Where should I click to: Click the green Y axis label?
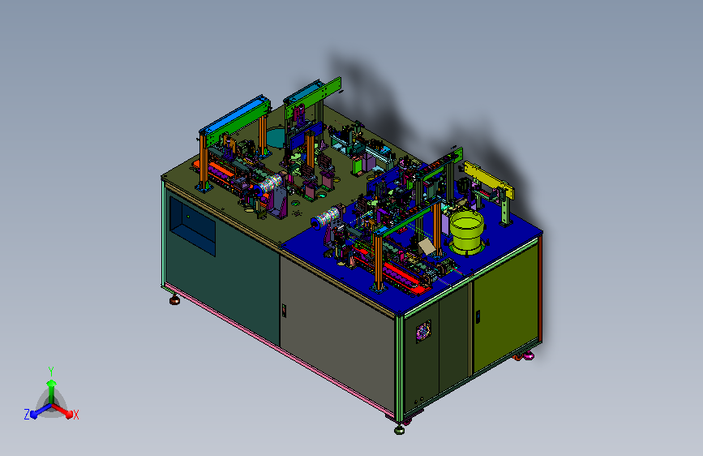click(x=51, y=372)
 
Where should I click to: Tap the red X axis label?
click(x=75, y=415)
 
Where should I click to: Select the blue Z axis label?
click(x=27, y=415)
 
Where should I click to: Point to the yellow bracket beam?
click(x=488, y=180)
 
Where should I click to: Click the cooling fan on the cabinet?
click(x=423, y=332)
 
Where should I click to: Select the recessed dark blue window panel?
click(x=192, y=226)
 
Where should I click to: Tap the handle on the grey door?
click(x=284, y=311)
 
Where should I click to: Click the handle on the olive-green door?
click(x=478, y=316)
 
